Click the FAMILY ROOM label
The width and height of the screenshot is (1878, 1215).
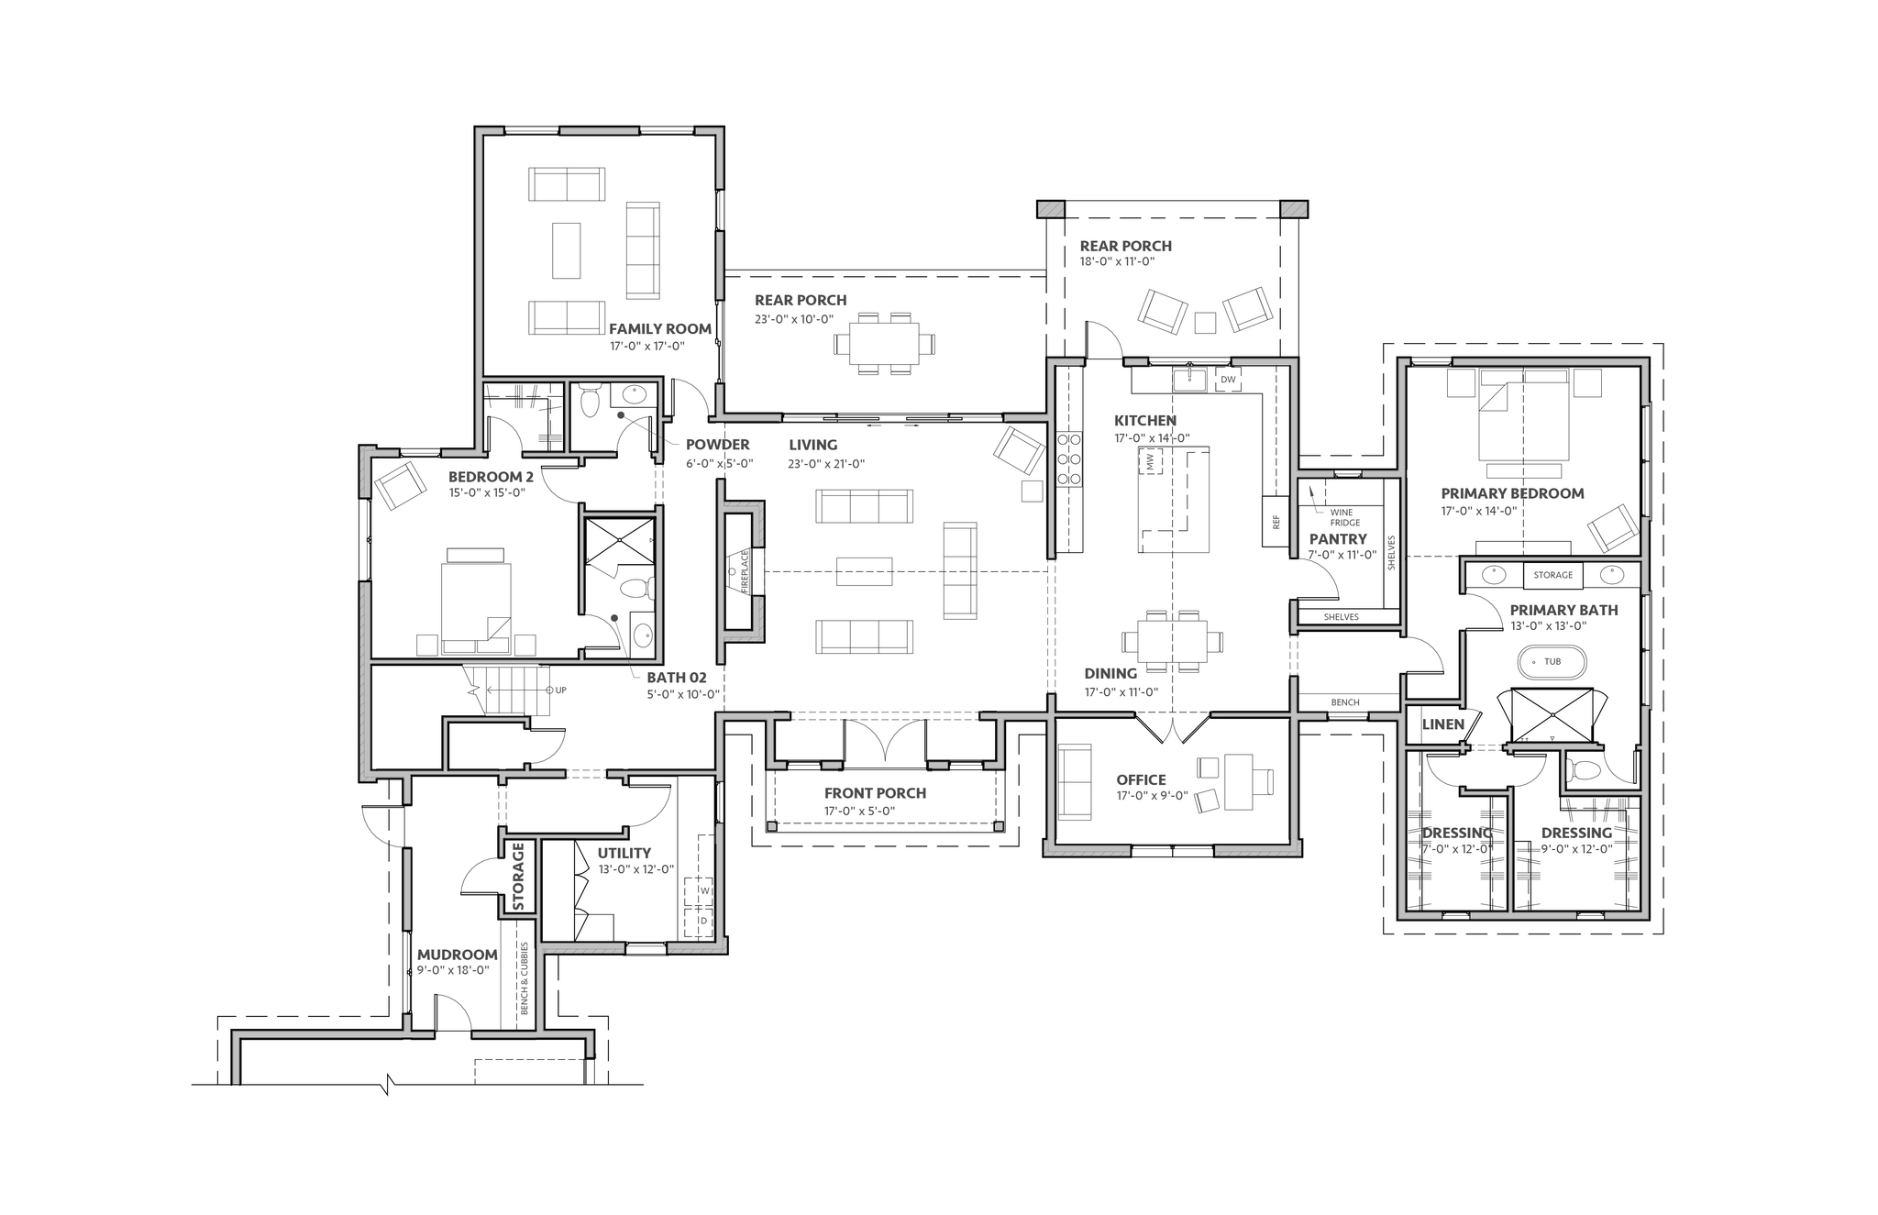click(x=660, y=329)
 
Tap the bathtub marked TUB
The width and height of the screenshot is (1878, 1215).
click(x=1552, y=661)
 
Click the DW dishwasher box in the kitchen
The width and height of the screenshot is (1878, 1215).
click(x=1228, y=380)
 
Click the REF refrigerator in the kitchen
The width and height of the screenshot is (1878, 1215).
click(x=1275, y=522)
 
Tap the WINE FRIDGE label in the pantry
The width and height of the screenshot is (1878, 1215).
click(x=1345, y=518)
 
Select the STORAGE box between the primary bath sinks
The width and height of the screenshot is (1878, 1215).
click(x=1553, y=575)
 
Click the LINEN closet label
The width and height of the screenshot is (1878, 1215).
click(x=1443, y=724)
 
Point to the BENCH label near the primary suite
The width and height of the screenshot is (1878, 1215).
click(x=1345, y=702)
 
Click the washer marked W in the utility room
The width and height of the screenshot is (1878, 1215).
click(x=704, y=890)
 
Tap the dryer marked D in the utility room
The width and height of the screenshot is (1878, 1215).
click(x=704, y=920)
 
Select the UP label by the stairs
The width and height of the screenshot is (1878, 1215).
click(x=560, y=690)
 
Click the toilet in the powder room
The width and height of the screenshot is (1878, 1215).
click(x=590, y=402)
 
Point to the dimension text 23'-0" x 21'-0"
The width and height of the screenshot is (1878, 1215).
click(x=826, y=464)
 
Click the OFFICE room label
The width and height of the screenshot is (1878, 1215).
click(x=1141, y=780)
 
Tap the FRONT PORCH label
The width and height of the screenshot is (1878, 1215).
click(x=875, y=793)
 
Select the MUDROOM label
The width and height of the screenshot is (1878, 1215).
click(x=458, y=955)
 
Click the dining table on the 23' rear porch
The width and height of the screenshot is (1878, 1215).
click(x=885, y=343)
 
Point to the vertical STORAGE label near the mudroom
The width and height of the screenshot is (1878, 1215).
click(x=518, y=878)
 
